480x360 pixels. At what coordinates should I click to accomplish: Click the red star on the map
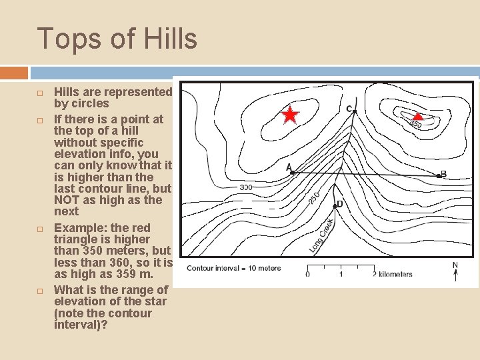(x=290, y=115)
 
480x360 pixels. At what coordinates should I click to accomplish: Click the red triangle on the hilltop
(x=418, y=115)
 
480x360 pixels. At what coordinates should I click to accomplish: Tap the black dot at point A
(x=293, y=172)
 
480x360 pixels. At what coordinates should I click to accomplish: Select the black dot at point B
(x=438, y=176)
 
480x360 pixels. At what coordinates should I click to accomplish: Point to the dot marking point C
(x=355, y=111)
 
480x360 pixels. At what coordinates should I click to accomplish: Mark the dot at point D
(x=335, y=206)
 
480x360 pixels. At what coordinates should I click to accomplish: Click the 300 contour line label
(x=245, y=188)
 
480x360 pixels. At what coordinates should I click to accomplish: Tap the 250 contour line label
(x=315, y=197)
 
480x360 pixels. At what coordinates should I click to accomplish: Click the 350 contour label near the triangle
(x=415, y=124)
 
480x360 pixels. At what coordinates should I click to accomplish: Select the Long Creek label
(x=321, y=235)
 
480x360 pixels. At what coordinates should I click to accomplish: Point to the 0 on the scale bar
(x=307, y=274)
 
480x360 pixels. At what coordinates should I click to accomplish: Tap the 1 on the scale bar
(x=341, y=274)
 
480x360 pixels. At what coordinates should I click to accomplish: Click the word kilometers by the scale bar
(x=396, y=274)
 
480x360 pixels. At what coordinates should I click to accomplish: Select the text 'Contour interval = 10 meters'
(x=233, y=269)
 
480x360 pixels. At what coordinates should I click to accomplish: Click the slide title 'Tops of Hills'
(x=117, y=39)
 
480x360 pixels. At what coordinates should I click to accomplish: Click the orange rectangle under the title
(x=14, y=73)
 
